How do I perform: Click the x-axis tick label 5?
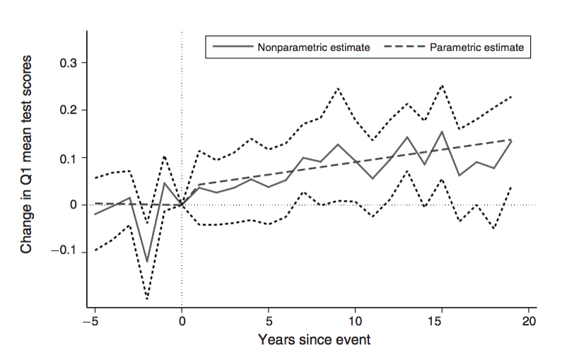coord(269,320)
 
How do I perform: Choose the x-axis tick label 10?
coord(355,320)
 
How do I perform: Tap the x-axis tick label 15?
coord(442,320)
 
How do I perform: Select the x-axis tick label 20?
coord(528,320)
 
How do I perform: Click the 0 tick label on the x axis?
coord(182,320)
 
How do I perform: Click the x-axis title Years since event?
coord(314,339)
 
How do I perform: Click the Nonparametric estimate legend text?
coord(314,47)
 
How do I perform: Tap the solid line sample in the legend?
coord(232,47)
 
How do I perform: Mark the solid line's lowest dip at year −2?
coord(147,262)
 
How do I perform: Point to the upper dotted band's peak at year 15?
coord(442,86)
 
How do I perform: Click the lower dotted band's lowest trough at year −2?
coord(147,298)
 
